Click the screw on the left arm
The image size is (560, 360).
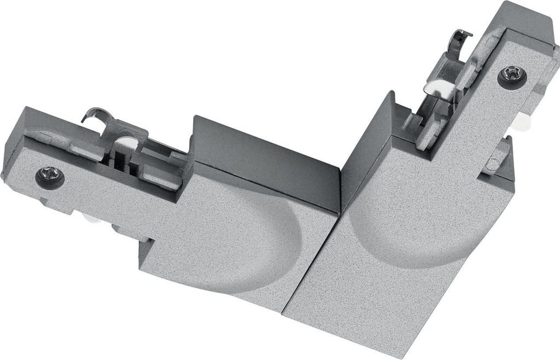pyautogui.click(x=50, y=177)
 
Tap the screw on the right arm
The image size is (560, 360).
pyautogui.click(x=512, y=76)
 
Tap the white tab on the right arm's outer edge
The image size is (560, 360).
pyautogui.click(x=524, y=123)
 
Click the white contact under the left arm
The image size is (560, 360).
pyautogui.click(x=91, y=219)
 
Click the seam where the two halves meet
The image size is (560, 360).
pyautogui.click(x=312, y=263)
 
